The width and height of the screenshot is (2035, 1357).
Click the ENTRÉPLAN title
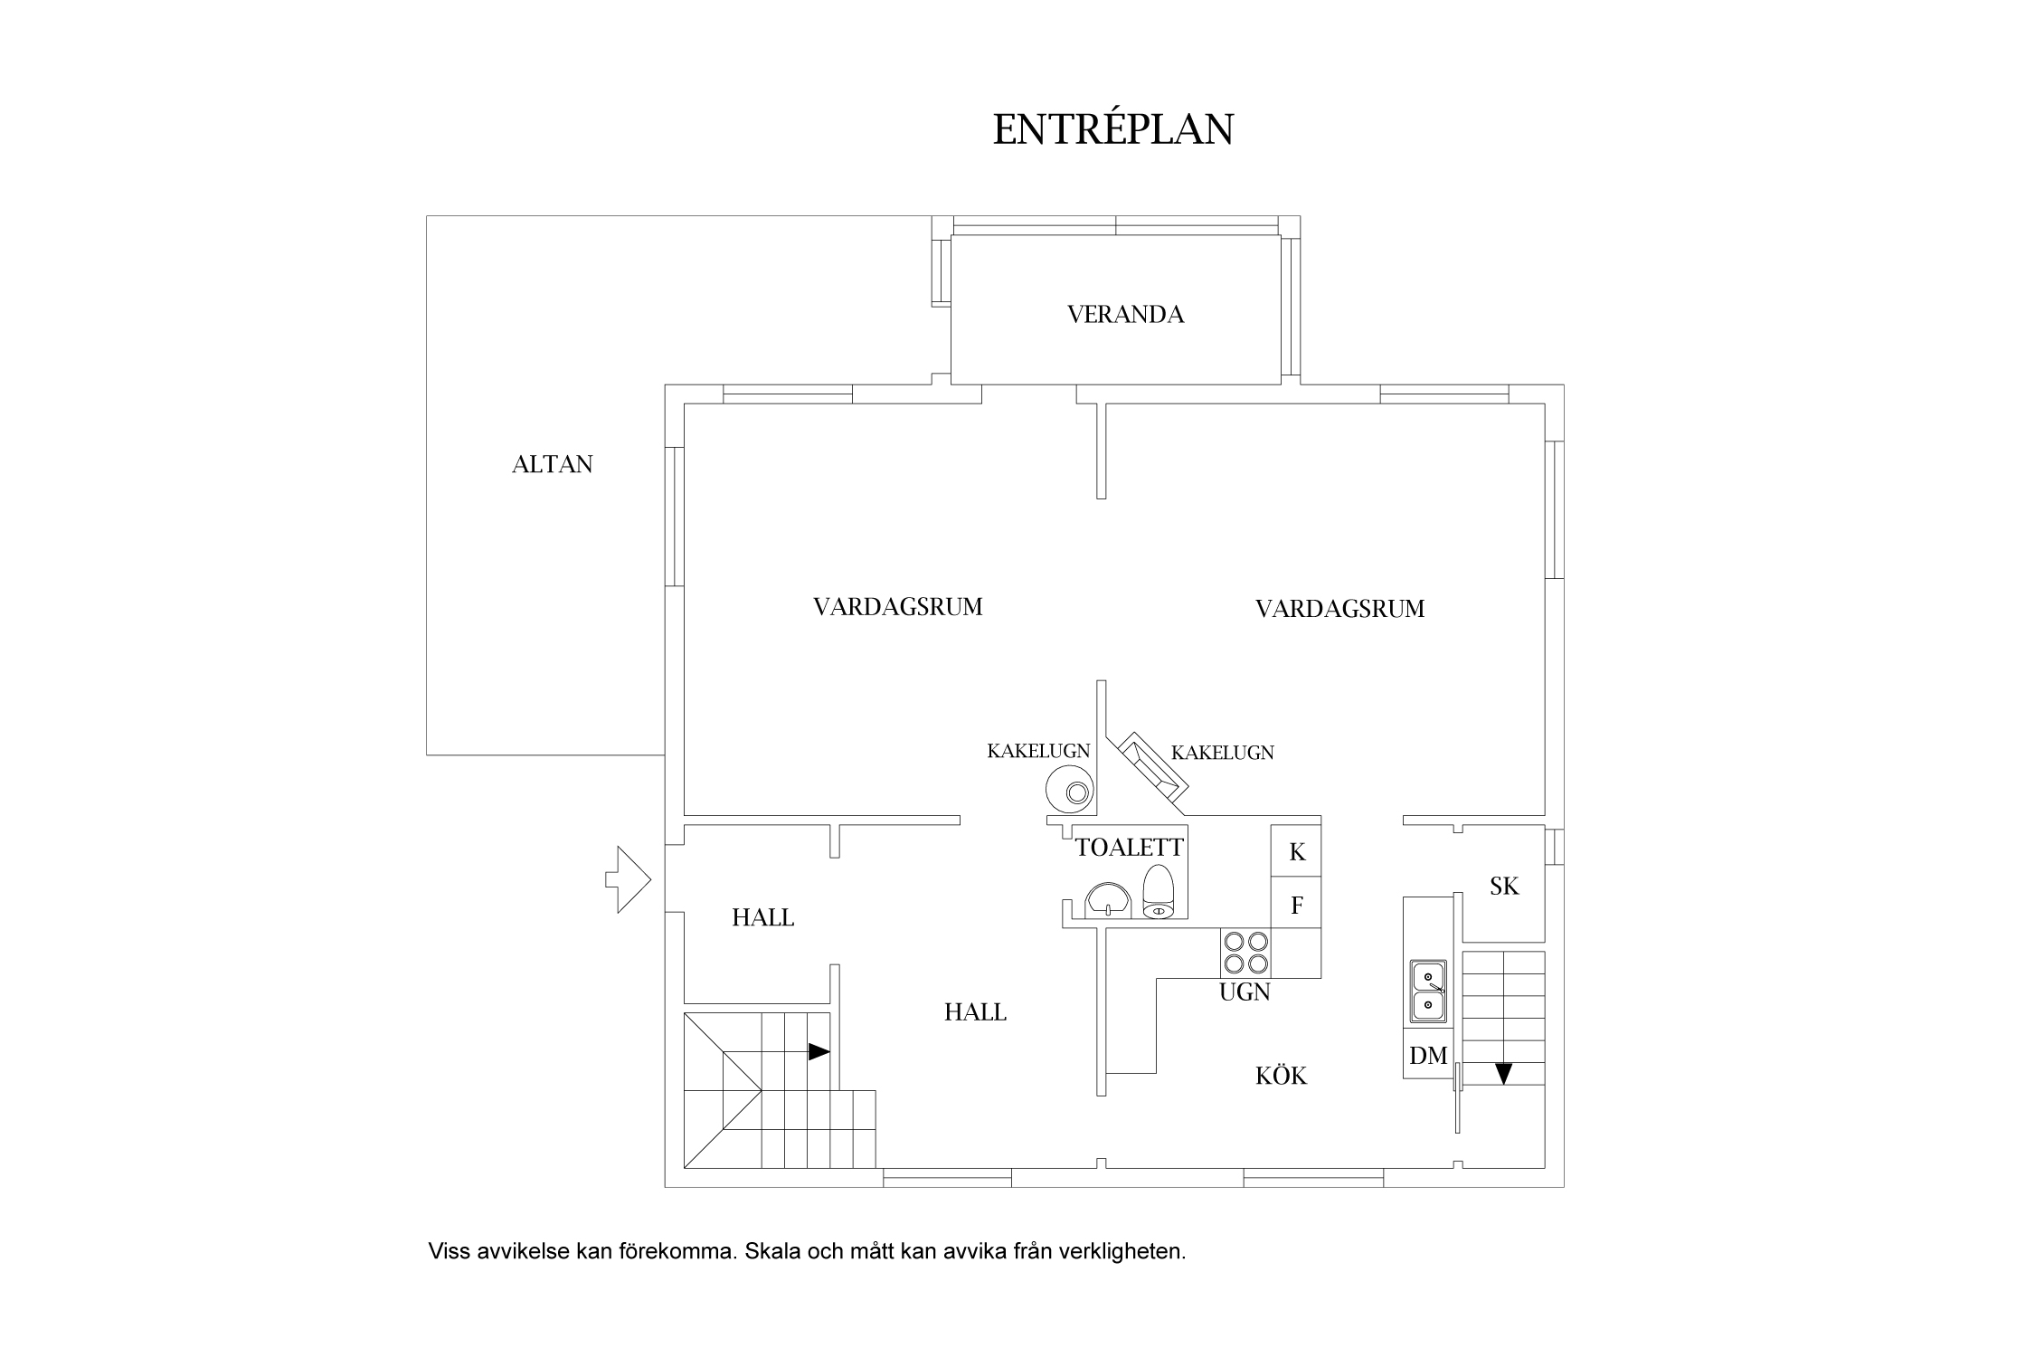coord(1112,130)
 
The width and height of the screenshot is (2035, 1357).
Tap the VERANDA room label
coord(1125,315)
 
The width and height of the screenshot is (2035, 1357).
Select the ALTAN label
coord(552,465)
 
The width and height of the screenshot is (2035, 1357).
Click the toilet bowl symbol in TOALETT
coord(1158,892)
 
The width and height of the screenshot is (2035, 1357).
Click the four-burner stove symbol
coord(1245,953)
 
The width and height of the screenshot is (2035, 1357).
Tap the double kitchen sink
coord(1427,991)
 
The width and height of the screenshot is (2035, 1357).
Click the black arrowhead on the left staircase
coord(819,1051)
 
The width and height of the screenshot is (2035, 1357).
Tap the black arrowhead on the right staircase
coord(1503,1074)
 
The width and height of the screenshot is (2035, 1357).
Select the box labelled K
coord(1296,851)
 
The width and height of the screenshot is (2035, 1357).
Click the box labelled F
coord(1296,905)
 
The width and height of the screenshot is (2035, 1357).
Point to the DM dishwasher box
coord(1428,1055)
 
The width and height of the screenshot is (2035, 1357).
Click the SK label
coord(1504,887)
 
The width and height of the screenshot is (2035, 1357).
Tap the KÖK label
coord(1281,1076)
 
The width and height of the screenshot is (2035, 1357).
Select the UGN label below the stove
coord(1245,992)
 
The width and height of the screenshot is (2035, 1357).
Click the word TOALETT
coord(1129,848)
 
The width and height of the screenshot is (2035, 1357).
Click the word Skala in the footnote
coord(772,1252)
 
